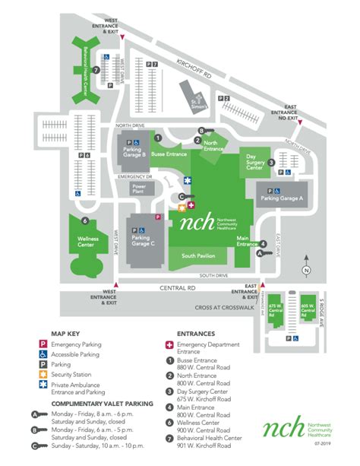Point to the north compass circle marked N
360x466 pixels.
tap(305, 270)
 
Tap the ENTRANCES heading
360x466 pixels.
tap(196, 333)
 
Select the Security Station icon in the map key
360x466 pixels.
tap(44, 373)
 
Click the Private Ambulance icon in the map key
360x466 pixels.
tap(44, 385)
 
